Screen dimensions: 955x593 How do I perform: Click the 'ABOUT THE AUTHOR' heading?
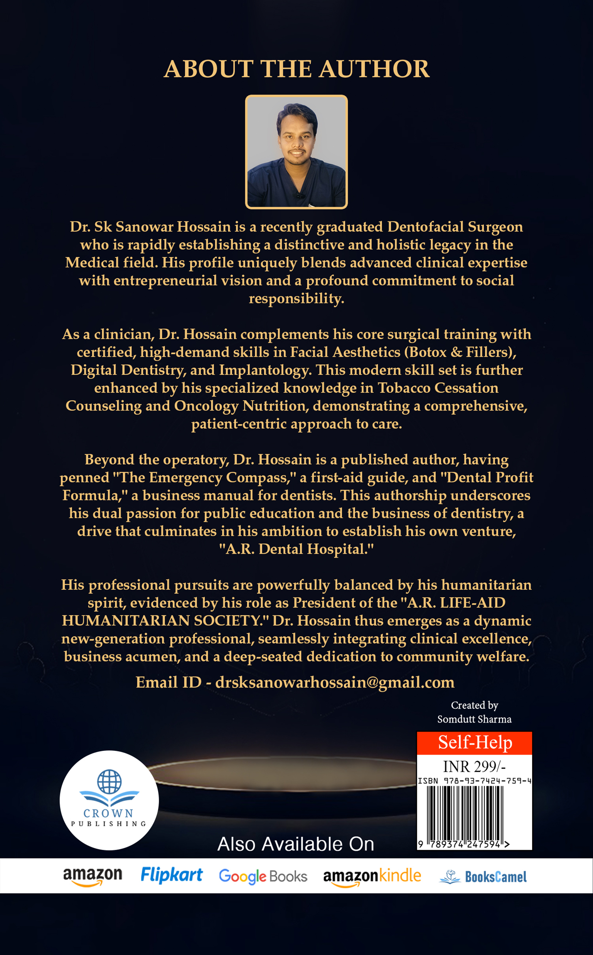click(x=296, y=69)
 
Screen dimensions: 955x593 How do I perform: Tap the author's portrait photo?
click(x=296, y=152)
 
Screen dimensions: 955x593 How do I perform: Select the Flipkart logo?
click(x=172, y=875)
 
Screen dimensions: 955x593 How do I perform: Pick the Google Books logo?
click(x=263, y=876)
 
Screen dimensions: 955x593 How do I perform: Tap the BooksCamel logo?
click(x=483, y=877)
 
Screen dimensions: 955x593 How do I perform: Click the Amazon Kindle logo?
click(x=372, y=876)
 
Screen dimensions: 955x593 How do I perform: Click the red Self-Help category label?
click(x=475, y=743)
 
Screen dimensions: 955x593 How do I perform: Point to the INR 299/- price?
click(x=474, y=766)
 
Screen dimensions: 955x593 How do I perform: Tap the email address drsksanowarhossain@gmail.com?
click(x=335, y=682)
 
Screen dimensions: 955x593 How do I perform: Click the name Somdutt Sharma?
click(x=474, y=719)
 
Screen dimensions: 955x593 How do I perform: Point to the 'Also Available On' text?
click(x=296, y=844)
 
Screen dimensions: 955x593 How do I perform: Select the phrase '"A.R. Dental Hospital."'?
click(x=296, y=549)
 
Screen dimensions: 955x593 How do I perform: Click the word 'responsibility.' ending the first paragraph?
click(x=296, y=298)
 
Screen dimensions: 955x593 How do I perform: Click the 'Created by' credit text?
click(x=474, y=705)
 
